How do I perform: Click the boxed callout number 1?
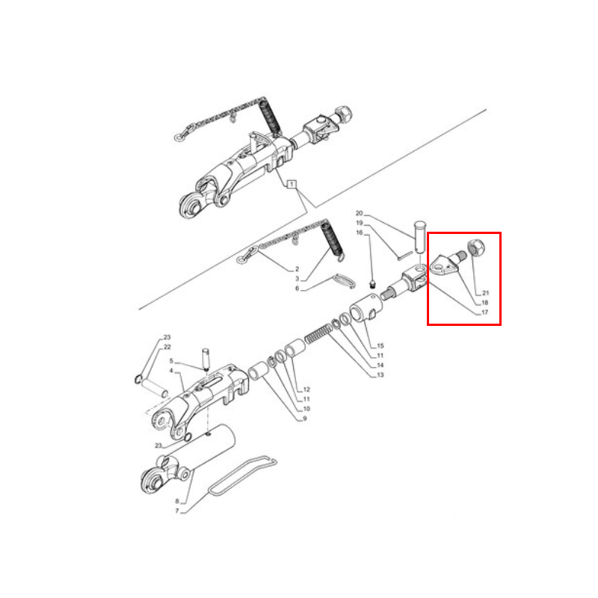(292, 184)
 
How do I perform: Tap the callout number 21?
(485, 293)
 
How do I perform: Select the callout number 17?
(484, 312)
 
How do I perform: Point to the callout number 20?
(360, 213)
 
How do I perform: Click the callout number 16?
(360, 232)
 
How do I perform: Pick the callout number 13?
(380, 375)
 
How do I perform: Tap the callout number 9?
(305, 419)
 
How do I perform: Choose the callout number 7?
(177, 511)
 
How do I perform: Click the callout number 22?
(167, 347)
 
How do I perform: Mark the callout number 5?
(171, 361)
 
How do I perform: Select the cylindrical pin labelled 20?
(419, 236)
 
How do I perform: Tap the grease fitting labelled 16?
(373, 284)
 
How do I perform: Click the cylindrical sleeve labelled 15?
(365, 307)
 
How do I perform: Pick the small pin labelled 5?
(206, 359)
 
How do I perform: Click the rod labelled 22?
(155, 387)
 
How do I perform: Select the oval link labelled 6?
(344, 281)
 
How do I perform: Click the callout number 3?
(297, 279)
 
